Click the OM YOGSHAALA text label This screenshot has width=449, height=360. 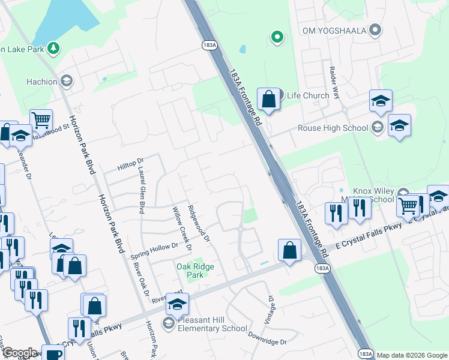(x=334, y=30)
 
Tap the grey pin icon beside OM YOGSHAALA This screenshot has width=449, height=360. (x=375, y=29)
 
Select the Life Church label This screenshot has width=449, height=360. (x=308, y=95)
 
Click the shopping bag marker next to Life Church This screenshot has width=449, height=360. (x=268, y=99)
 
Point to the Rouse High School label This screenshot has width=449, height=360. (x=333, y=128)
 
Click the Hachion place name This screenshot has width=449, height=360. (x=42, y=82)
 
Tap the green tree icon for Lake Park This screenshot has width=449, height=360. (x=53, y=48)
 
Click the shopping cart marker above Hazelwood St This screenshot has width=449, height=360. (x=41, y=120)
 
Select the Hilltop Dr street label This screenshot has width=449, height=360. (x=131, y=162)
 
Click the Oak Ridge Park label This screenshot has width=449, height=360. (x=195, y=270)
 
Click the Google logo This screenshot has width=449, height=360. (x=19, y=353)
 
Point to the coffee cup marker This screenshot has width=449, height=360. (x=53, y=353)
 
